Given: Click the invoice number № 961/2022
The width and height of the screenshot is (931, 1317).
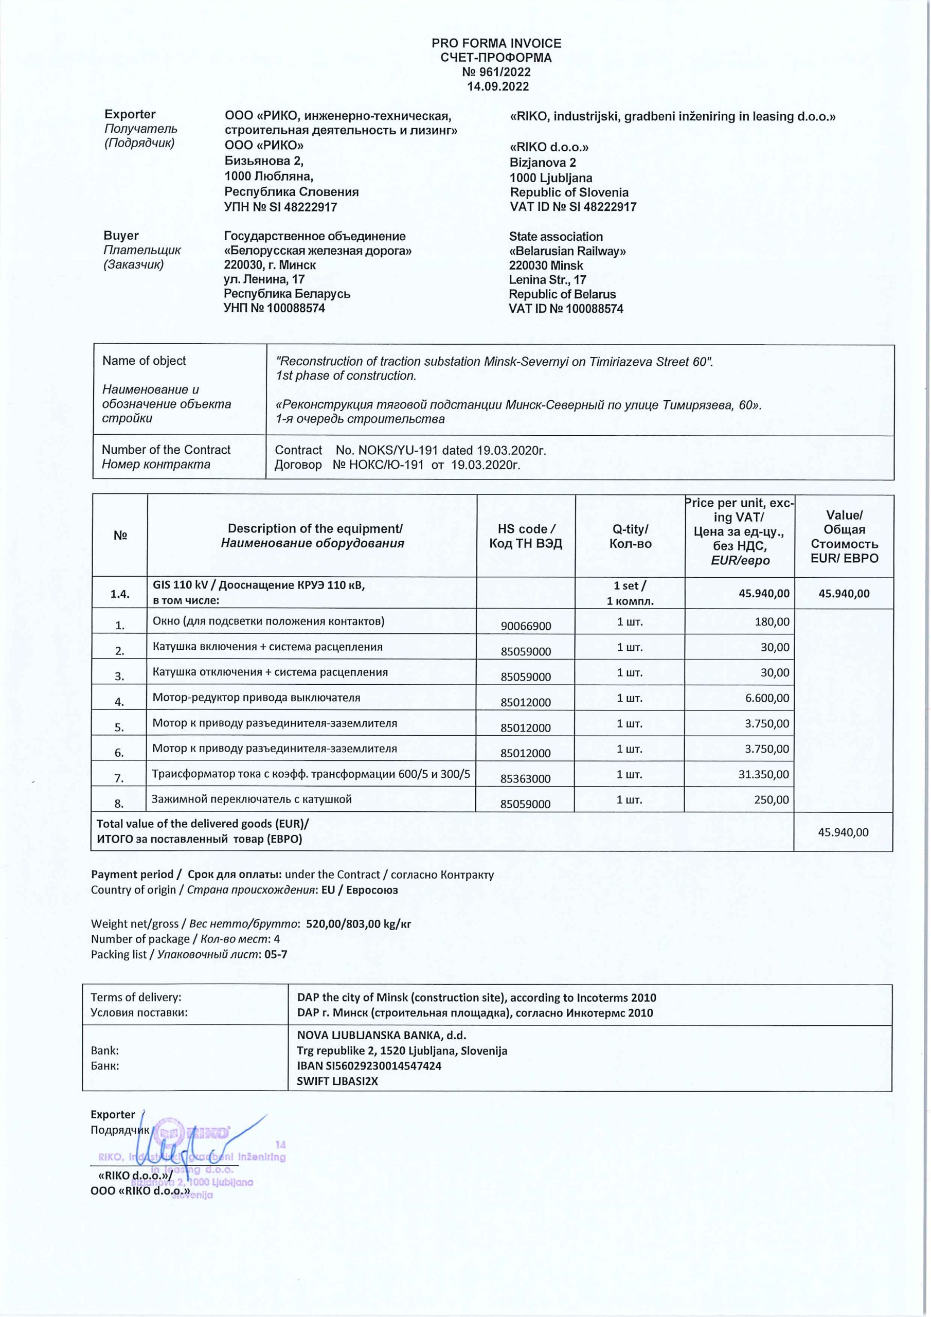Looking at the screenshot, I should pos(496,72).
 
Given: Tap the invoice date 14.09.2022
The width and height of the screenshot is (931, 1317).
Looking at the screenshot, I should pos(497,86).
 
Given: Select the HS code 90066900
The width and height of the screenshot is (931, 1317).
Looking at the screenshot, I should pos(526,626).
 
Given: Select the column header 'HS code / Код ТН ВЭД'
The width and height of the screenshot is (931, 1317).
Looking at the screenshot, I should pos(526,537).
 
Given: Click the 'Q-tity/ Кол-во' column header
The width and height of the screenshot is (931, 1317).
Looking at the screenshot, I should pos(630,537).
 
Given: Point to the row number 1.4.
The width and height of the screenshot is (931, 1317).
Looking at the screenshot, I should pos(120,594).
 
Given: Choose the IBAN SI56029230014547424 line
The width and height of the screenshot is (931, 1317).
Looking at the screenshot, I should pos(369,1066).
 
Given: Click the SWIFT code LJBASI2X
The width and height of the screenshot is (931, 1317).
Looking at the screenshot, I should pos(337,1081).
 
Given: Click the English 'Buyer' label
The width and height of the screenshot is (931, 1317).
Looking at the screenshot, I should pos(121,236).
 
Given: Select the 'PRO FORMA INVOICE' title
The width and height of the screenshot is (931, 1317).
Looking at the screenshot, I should pos(496,44).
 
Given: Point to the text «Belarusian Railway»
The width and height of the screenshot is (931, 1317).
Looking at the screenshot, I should pos(567,251).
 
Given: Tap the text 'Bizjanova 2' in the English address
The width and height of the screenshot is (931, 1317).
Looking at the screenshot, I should pos(543,163).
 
